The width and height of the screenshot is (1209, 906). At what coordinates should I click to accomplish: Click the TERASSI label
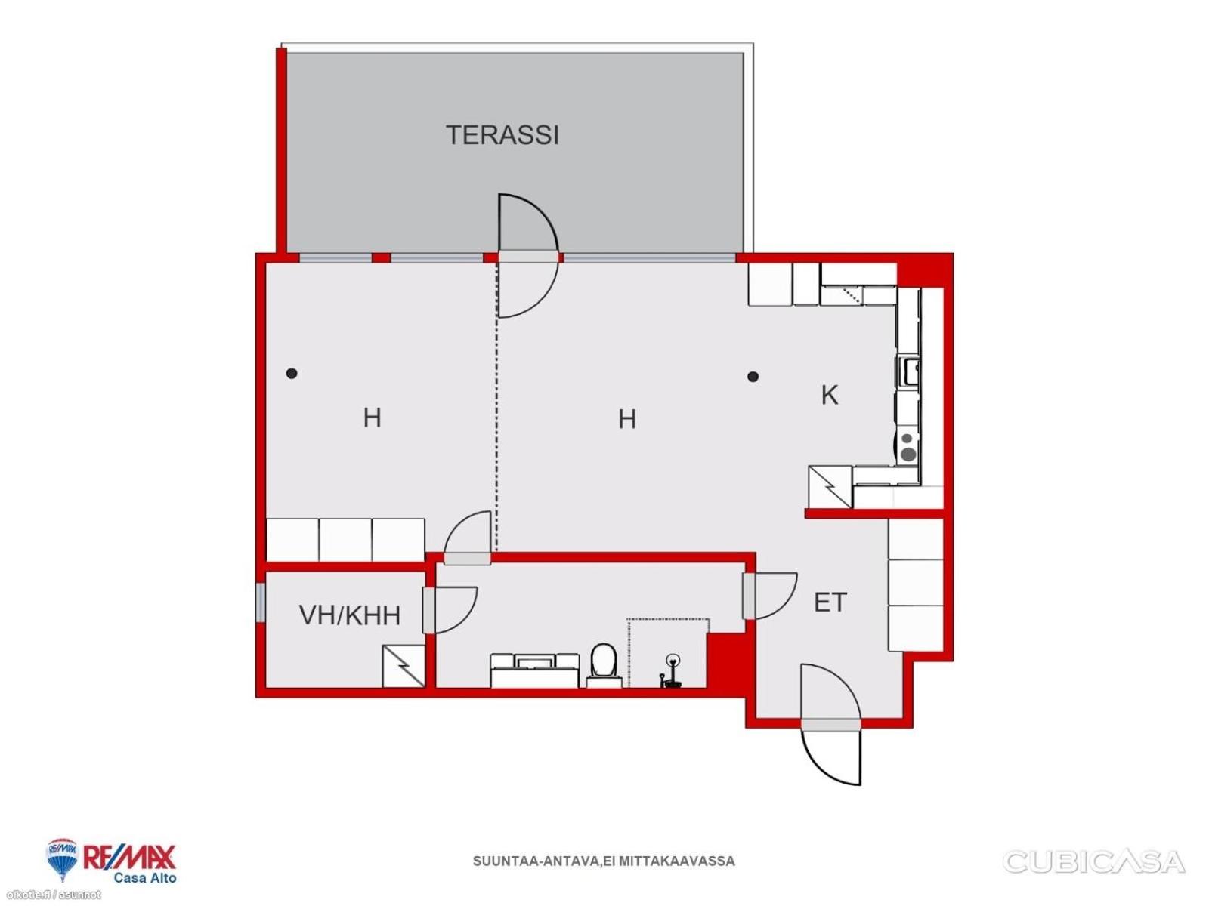[502, 135]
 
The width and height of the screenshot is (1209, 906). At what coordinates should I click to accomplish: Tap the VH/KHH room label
[349, 615]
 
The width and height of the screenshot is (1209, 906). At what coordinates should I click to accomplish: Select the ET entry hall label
[830, 603]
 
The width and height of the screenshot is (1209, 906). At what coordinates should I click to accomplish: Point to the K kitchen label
[830, 395]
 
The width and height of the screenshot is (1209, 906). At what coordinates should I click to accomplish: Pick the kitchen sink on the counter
[908, 369]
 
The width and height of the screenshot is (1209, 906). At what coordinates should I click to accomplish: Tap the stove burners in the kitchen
[908, 447]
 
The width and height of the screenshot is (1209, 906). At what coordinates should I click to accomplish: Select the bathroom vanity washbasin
[534, 670]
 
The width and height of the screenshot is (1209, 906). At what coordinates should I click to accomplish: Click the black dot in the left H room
[292, 374]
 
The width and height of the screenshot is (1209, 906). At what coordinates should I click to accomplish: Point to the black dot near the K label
[753, 377]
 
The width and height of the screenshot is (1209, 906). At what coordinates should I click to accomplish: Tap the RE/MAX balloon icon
[62, 860]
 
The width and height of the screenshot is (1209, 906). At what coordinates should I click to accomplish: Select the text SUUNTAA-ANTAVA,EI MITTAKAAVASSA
[604, 861]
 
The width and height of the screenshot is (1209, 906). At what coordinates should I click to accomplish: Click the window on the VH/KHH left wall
[261, 602]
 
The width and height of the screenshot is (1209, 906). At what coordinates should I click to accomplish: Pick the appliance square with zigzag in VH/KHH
[404, 666]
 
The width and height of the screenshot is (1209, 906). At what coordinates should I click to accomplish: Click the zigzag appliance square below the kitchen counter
[830, 487]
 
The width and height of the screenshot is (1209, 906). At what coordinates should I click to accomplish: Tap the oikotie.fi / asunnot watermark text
[51, 895]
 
